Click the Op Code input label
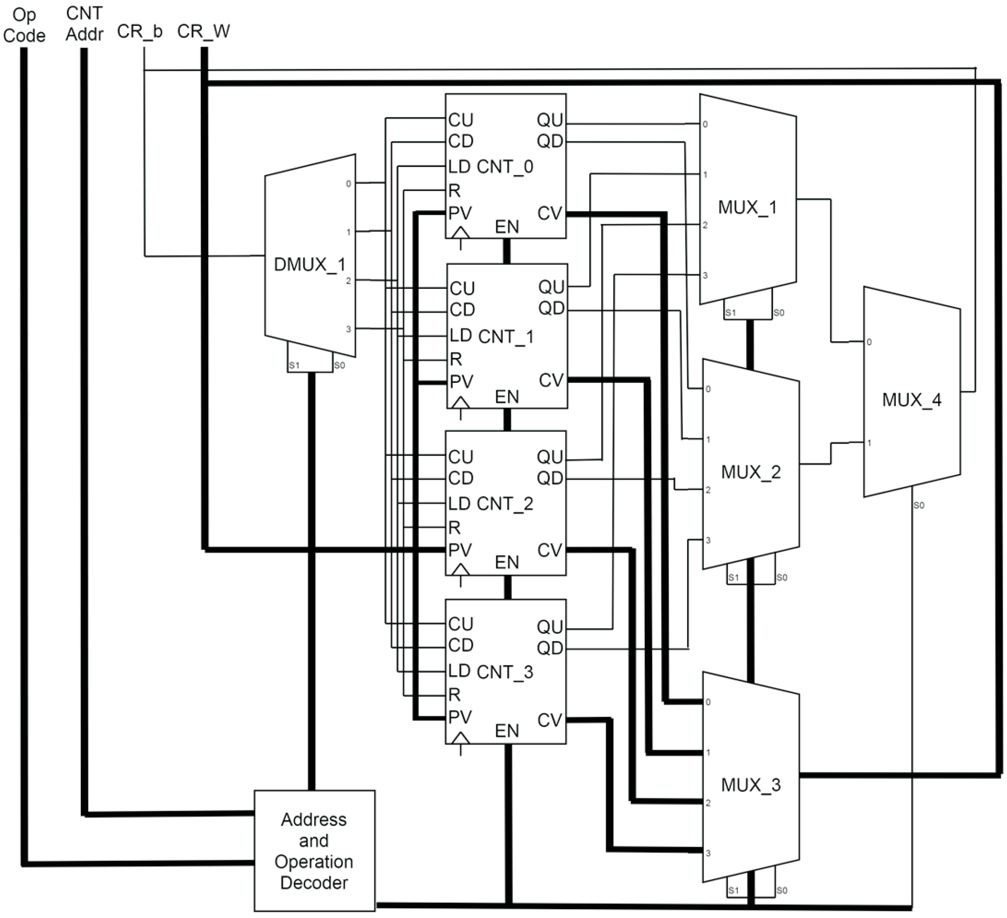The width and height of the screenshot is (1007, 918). pyautogui.click(x=24, y=25)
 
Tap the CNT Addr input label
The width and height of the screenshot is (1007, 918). pyautogui.click(x=84, y=24)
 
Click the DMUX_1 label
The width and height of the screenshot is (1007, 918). pyautogui.click(x=310, y=264)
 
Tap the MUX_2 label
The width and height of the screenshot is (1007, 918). pyautogui.click(x=750, y=472)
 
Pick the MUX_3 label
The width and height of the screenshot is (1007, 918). pyautogui.click(x=750, y=785)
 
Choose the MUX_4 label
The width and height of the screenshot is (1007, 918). pyautogui.click(x=911, y=400)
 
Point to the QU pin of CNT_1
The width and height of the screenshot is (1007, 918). pyautogui.click(x=551, y=287)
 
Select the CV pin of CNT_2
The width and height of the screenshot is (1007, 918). pyautogui.click(x=550, y=550)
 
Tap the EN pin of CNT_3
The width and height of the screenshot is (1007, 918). pyautogui.click(x=507, y=731)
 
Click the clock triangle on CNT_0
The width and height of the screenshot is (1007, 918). pyautogui.click(x=461, y=233)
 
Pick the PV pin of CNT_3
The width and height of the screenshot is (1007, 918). pyautogui.click(x=460, y=717)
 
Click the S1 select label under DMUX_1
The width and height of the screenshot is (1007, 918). pyautogui.click(x=294, y=365)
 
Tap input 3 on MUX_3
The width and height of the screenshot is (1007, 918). pyautogui.click(x=708, y=853)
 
